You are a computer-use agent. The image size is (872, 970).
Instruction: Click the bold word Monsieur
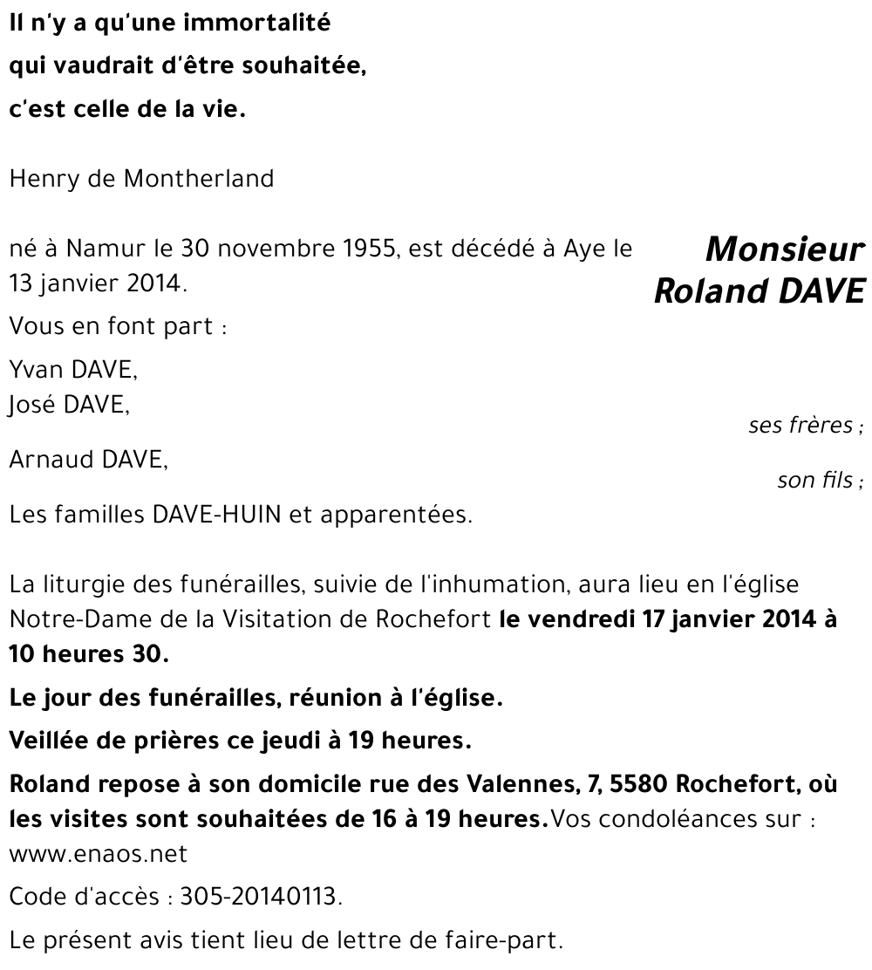pyautogui.click(x=784, y=251)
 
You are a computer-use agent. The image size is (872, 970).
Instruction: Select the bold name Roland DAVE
pyautogui.click(x=759, y=291)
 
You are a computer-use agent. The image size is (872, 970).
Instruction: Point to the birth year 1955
pyautogui.click(x=365, y=250)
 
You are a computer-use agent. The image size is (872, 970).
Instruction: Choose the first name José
pyautogui.click(x=34, y=404)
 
